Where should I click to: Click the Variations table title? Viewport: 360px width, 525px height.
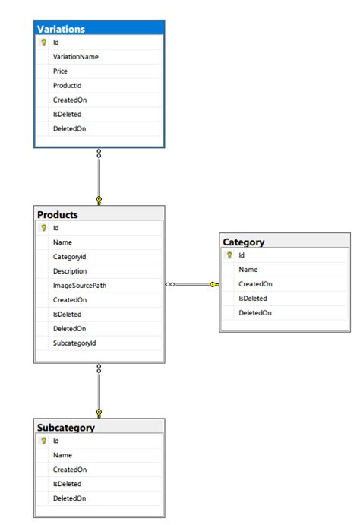[x=61, y=29]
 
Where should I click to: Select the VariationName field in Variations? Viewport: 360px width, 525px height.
[x=75, y=56]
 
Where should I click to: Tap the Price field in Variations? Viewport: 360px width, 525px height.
[x=60, y=71]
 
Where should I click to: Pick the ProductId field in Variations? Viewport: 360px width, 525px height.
[x=67, y=85]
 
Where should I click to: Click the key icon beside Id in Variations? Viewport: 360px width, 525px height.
[x=43, y=43]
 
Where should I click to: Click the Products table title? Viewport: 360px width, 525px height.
[x=58, y=214]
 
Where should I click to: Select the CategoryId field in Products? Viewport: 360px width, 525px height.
[x=69, y=257]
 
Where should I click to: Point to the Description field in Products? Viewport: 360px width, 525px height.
[x=70, y=271]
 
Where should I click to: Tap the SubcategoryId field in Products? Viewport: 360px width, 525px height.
[x=74, y=343]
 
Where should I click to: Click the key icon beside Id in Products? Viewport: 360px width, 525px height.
[x=43, y=228]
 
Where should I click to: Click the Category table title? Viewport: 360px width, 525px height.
[x=243, y=242]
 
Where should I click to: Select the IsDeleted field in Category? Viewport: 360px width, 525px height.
[x=252, y=299]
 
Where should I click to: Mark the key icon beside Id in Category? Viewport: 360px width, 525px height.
[x=229, y=256]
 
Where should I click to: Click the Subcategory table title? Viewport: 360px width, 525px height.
[x=66, y=427]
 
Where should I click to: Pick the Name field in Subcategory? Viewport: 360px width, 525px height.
[x=62, y=455]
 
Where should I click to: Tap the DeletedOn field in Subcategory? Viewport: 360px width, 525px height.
[x=69, y=498]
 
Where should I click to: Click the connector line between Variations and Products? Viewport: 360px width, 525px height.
[x=99, y=176]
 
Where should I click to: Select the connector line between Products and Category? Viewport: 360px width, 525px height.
[x=191, y=284]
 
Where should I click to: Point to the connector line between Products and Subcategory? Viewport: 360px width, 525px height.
[x=99, y=391]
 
